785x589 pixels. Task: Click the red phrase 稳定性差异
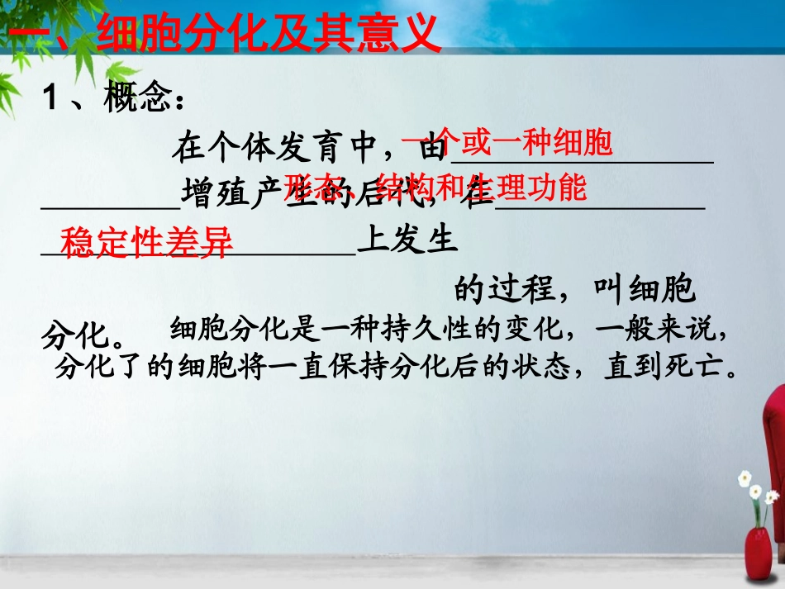coord(147,243)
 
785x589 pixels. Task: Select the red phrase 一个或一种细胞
coord(507,143)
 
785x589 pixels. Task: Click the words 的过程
coord(504,291)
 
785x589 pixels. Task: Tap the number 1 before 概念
coord(51,102)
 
